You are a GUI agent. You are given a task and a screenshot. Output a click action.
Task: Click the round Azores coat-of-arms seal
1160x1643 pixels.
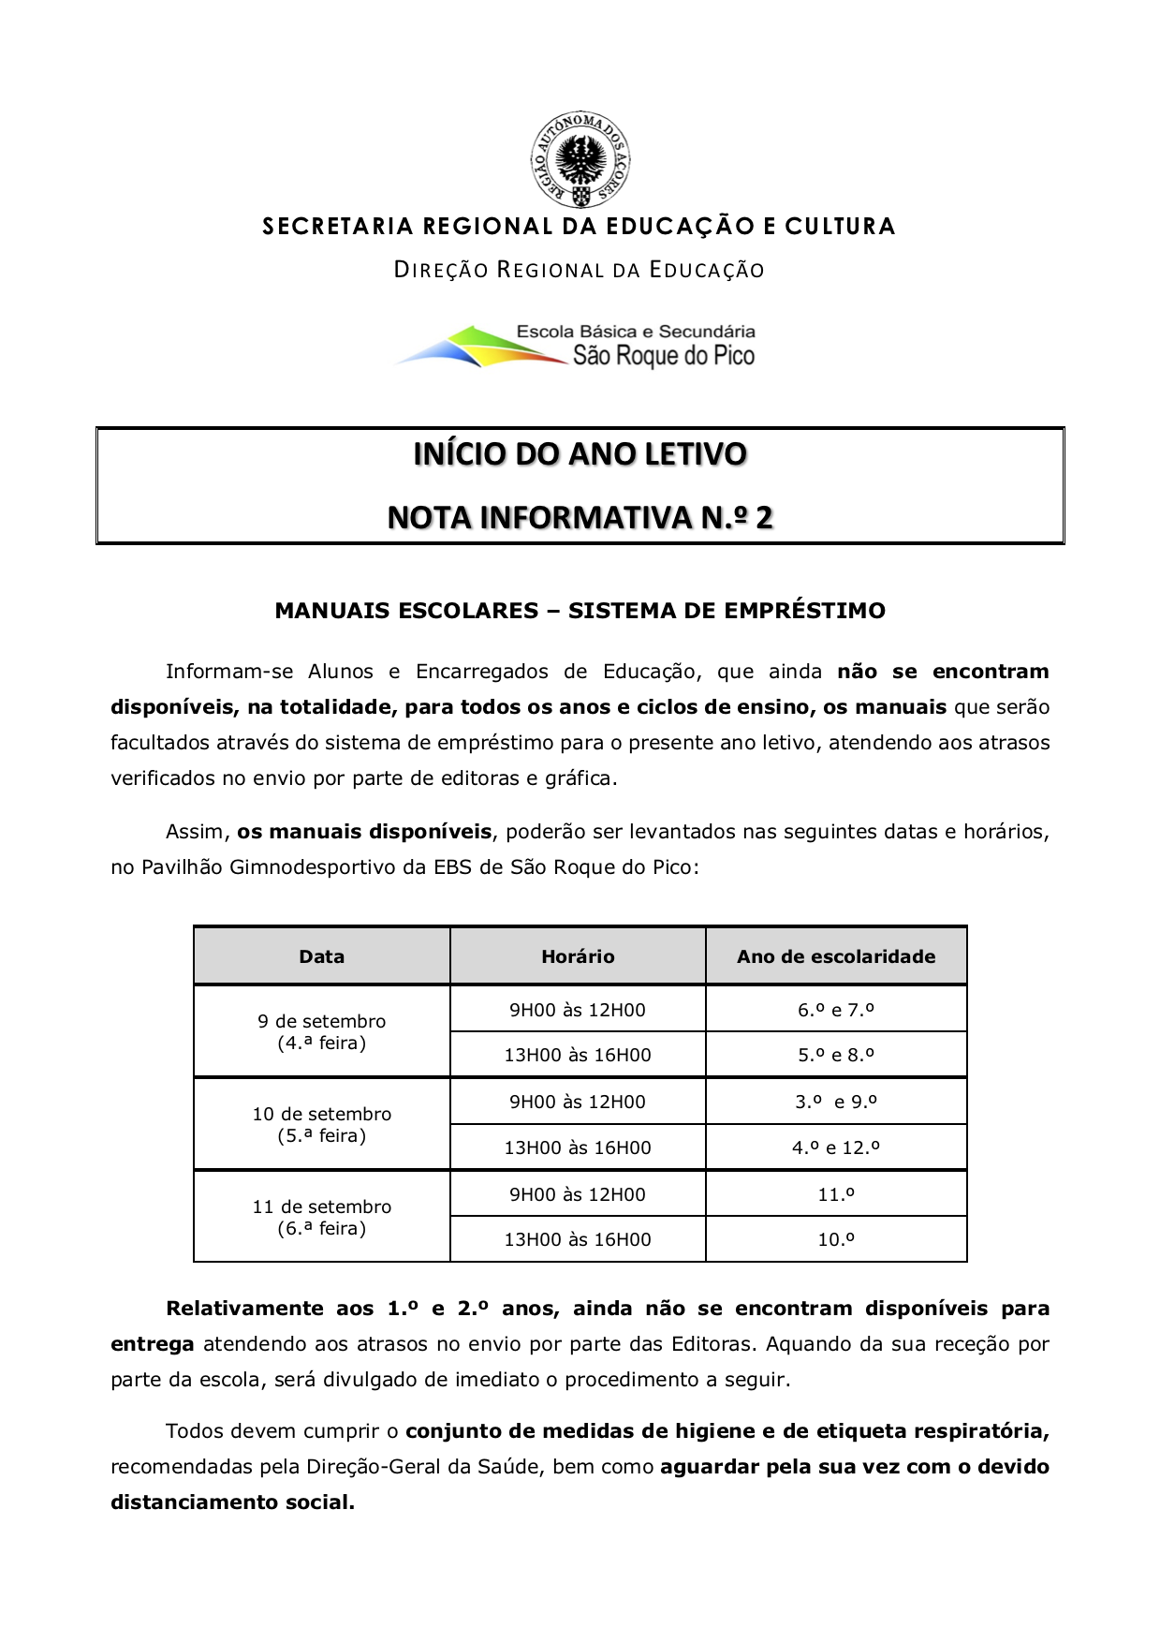point(580,160)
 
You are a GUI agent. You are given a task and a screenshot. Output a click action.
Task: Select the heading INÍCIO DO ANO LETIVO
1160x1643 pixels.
point(580,454)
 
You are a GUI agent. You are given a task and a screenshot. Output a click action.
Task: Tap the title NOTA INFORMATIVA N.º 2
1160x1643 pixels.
point(580,517)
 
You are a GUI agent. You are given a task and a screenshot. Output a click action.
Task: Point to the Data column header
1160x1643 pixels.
point(321,956)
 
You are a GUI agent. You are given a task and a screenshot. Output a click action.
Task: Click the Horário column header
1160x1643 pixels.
point(578,956)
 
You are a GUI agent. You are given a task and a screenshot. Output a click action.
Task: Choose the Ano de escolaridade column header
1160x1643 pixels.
point(836,956)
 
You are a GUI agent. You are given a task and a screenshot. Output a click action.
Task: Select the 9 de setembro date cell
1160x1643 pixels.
point(321,1031)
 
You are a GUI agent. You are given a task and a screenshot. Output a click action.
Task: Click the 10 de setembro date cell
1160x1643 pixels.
point(321,1124)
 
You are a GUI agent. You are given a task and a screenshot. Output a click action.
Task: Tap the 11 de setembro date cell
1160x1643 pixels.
point(321,1217)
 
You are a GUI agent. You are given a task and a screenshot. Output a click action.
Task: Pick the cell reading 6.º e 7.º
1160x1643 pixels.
point(836,1010)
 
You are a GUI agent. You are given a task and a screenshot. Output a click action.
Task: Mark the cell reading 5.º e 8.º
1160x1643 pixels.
point(836,1055)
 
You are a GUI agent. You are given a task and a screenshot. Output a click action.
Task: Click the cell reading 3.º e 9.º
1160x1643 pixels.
point(836,1102)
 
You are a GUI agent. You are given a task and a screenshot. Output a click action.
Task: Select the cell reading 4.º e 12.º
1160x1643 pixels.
point(836,1147)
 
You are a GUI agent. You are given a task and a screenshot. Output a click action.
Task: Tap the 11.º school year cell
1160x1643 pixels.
point(836,1194)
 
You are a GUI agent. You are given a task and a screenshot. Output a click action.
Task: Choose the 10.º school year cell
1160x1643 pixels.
point(836,1239)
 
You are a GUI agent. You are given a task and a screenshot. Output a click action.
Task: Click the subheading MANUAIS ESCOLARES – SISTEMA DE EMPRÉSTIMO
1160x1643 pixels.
point(580,611)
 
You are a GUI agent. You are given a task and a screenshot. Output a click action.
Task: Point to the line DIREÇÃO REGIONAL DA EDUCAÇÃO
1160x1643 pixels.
point(580,271)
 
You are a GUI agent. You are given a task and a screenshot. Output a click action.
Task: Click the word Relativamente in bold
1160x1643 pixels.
point(244,1309)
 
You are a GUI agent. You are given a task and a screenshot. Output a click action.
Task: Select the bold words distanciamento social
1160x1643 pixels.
point(232,1502)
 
